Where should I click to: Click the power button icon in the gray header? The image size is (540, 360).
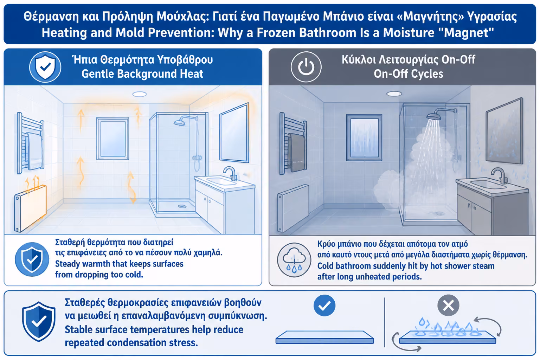tap(306, 67)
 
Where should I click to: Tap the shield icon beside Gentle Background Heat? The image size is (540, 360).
tap(45, 67)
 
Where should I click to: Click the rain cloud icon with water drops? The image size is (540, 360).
tap(294, 260)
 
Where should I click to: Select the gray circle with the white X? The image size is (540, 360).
tap(448, 305)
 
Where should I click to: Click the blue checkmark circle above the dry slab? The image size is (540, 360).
tap(324, 305)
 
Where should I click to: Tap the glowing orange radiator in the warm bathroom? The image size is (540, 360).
tap(30, 208)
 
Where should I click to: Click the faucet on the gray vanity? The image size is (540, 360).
tap(500, 175)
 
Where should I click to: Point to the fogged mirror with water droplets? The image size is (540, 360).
tap(504, 131)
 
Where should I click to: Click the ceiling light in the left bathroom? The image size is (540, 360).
tap(139, 94)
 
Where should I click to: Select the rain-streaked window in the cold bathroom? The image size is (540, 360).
tap(364, 137)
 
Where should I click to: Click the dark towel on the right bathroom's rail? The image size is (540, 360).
tap(297, 152)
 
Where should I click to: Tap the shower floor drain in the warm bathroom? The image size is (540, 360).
tap(182, 206)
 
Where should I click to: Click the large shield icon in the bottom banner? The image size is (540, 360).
tap(39, 321)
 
